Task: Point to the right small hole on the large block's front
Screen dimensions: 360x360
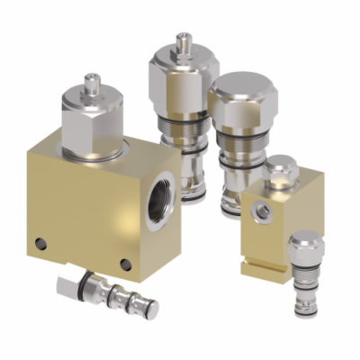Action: click(126, 264)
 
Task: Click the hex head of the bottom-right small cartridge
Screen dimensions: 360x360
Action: click(305, 244)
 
